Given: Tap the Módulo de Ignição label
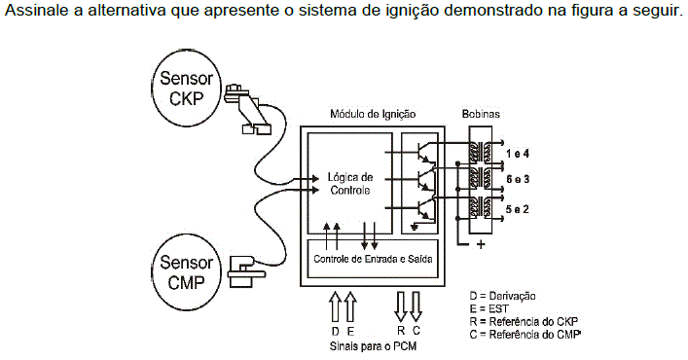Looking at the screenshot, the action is tap(373, 114).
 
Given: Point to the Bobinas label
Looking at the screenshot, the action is tap(481, 114).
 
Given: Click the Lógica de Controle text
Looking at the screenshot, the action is tap(350, 184).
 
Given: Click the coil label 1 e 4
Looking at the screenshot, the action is tap(518, 154).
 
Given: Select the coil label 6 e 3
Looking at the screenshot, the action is tap(518, 179).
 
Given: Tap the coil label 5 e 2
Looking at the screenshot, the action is tap(518, 209).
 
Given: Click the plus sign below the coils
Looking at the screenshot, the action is tap(481, 244).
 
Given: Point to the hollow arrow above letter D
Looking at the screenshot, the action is tap(335, 306).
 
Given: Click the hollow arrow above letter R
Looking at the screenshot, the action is tap(401, 306).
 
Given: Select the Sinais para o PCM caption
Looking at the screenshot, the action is tap(373, 346).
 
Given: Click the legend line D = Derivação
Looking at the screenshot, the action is tap(502, 296).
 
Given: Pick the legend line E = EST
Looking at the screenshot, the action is tap(489, 308).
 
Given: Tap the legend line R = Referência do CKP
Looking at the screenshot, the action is tap(524, 321).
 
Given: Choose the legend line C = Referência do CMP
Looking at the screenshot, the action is tap(525, 334).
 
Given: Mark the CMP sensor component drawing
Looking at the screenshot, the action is tap(246, 271).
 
